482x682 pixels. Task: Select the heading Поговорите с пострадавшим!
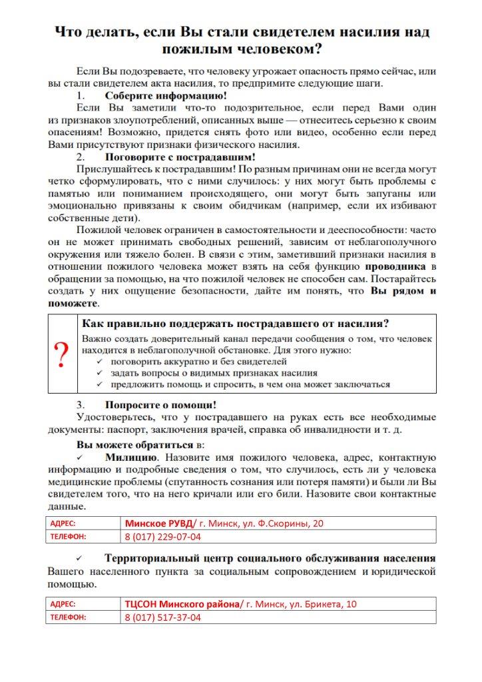180,157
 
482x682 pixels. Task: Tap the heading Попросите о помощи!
160,404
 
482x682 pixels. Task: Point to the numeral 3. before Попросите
80,404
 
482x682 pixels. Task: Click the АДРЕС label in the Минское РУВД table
63,523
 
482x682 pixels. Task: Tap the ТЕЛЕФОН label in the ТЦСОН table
68,617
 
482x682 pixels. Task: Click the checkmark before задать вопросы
99,373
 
